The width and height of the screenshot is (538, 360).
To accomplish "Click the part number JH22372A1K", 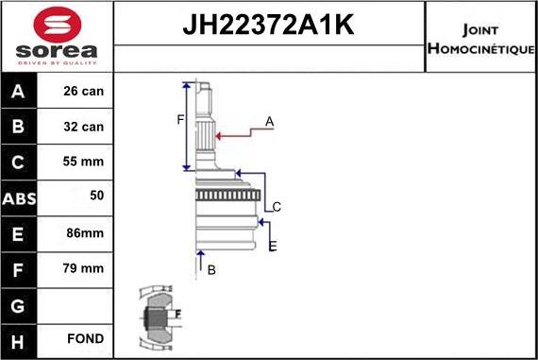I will [x=268, y=25].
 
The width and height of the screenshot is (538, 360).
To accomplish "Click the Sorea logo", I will [x=56, y=37].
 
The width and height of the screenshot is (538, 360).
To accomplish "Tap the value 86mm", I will [x=85, y=232].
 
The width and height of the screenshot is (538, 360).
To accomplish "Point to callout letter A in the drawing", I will [x=269, y=121].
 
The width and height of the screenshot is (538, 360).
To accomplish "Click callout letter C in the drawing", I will [x=277, y=206].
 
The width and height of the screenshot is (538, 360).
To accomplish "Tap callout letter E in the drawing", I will [x=272, y=247].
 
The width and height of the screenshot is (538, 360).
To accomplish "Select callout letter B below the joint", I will [x=211, y=270].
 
